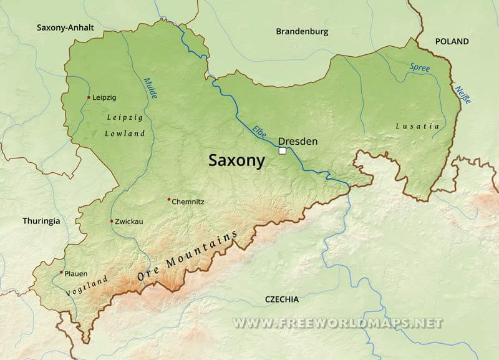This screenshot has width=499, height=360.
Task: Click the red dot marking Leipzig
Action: [x=89, y=97]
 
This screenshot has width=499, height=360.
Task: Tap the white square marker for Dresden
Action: [x=283, y=151]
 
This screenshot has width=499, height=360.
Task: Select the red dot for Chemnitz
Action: [x=168, y=200]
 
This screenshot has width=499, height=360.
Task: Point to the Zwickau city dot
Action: [x=112, y=221]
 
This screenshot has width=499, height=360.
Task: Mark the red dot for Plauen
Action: [x=61, y=273]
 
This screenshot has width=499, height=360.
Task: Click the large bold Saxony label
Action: [x=236, y=161]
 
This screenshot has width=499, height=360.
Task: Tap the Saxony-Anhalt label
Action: [x=65, y=27]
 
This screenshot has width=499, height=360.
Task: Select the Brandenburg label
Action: [x=302, y=31]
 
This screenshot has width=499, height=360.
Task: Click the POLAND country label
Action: [x=452, y=42]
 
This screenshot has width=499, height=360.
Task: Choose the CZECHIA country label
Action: [x=282, y=299]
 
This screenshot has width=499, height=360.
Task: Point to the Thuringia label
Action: [x=41, y=221]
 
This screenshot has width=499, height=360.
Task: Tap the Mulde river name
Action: [x=150, y=89]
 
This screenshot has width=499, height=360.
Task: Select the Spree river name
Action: [x=420, y=67]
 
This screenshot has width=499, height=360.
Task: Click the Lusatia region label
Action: [x=417, y=126]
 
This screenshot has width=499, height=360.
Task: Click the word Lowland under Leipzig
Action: [x=125, y=134]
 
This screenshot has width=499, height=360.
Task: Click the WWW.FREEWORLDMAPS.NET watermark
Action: [x=337, y=323]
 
